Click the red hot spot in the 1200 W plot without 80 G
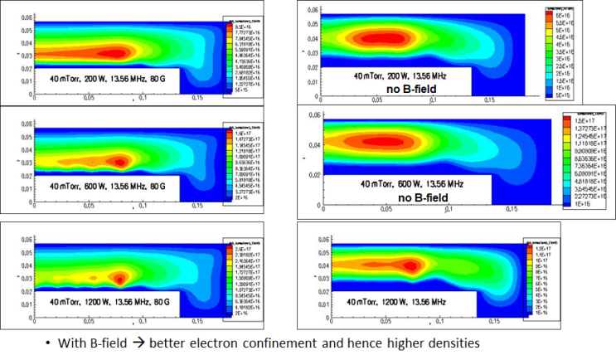coord(410,265)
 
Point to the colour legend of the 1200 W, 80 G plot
coord(241,274)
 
